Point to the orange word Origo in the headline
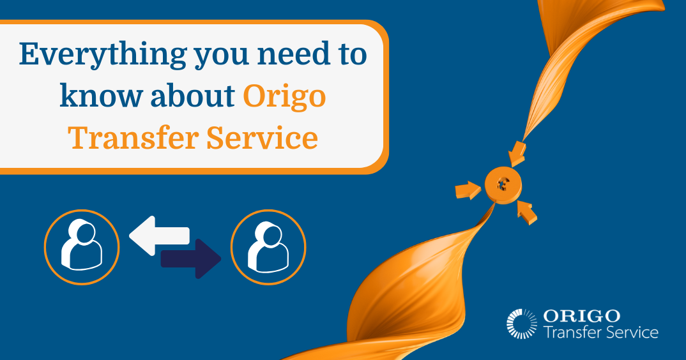[x=284, y=97]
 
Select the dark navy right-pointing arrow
[x=191, y=259]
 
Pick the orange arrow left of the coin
[x=468, y=190]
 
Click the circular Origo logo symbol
[x=522, y=323]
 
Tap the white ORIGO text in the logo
[x=581, y=315]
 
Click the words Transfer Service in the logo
[x=600, y=332]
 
